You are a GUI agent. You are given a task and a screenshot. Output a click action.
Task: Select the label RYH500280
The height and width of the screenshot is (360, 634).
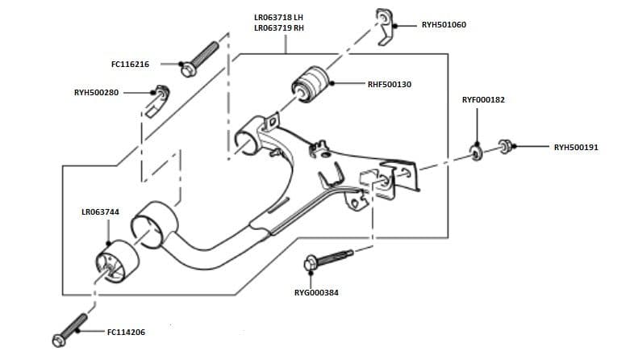[x=96, y=92]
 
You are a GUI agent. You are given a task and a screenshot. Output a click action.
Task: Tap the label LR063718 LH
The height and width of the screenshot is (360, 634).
[x=279, y=17]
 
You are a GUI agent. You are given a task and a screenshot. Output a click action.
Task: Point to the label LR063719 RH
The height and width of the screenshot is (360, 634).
[x=279, y=28]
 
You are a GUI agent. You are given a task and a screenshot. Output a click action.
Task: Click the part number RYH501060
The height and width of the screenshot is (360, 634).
[x=444, y=25]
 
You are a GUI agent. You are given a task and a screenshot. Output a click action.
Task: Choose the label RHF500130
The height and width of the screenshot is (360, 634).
[x=390, y=84]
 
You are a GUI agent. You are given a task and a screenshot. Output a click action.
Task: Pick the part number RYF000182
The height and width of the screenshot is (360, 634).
[x=483, y=100]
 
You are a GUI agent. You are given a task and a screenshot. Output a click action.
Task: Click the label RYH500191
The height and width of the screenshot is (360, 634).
[x=576, y=147]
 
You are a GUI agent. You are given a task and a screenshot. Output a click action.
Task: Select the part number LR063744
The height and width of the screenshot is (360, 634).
[x=101, y=212]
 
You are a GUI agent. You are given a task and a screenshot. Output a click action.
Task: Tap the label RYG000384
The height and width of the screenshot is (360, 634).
[x=317, y=292]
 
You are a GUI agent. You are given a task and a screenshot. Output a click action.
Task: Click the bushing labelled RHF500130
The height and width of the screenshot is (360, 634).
[x=311, y=84]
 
